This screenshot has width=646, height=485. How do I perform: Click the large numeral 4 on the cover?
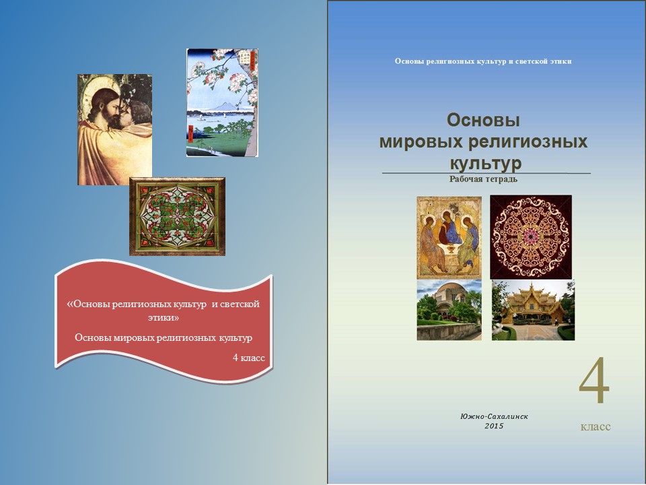(x=594, y=381)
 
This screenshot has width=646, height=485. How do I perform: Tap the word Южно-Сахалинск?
(x=494, y=416)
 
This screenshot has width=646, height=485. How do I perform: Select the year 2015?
(x=494, y=426)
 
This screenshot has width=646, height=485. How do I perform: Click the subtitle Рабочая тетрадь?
(x=483, y=179)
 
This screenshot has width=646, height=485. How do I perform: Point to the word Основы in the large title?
(x=483, y=121)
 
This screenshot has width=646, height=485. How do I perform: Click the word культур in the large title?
(x=485, y=162)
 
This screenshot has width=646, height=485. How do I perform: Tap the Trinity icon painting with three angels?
(x=449, y=238)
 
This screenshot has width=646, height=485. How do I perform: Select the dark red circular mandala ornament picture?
(x=531, y=237)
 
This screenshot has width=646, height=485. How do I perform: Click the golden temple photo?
(x=533, y=311)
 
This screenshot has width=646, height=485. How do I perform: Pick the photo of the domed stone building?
(x=449, y=310)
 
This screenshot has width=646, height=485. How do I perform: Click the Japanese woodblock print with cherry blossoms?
(x=222, y=102)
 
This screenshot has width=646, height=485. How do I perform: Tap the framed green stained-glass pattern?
(x=177, y=216)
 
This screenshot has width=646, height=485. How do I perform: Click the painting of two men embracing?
(x=114, y=129)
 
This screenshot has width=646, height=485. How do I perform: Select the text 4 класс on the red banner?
(x=249, y=358)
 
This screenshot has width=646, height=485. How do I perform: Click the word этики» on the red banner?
(x=164, y=318)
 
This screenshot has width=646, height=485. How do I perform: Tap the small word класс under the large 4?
(x=596, y=426)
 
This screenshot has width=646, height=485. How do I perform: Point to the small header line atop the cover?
(x=483, y=61)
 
